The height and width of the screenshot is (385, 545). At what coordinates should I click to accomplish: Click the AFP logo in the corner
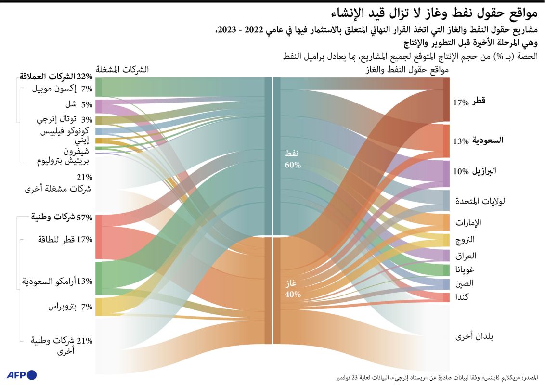coord(22,375)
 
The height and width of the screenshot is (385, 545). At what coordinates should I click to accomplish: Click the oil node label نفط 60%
coord(292,159)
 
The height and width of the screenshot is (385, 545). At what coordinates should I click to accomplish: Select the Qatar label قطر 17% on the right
coord(469,102)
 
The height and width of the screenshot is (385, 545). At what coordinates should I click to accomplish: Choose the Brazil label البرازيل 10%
coord(474,172)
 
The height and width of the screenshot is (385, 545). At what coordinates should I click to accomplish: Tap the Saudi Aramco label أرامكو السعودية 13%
coord(58,281)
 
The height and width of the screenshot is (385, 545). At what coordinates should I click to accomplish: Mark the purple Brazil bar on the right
coord(446,174)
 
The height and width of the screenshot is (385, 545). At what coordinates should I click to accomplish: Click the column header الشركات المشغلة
coord(122,69)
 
